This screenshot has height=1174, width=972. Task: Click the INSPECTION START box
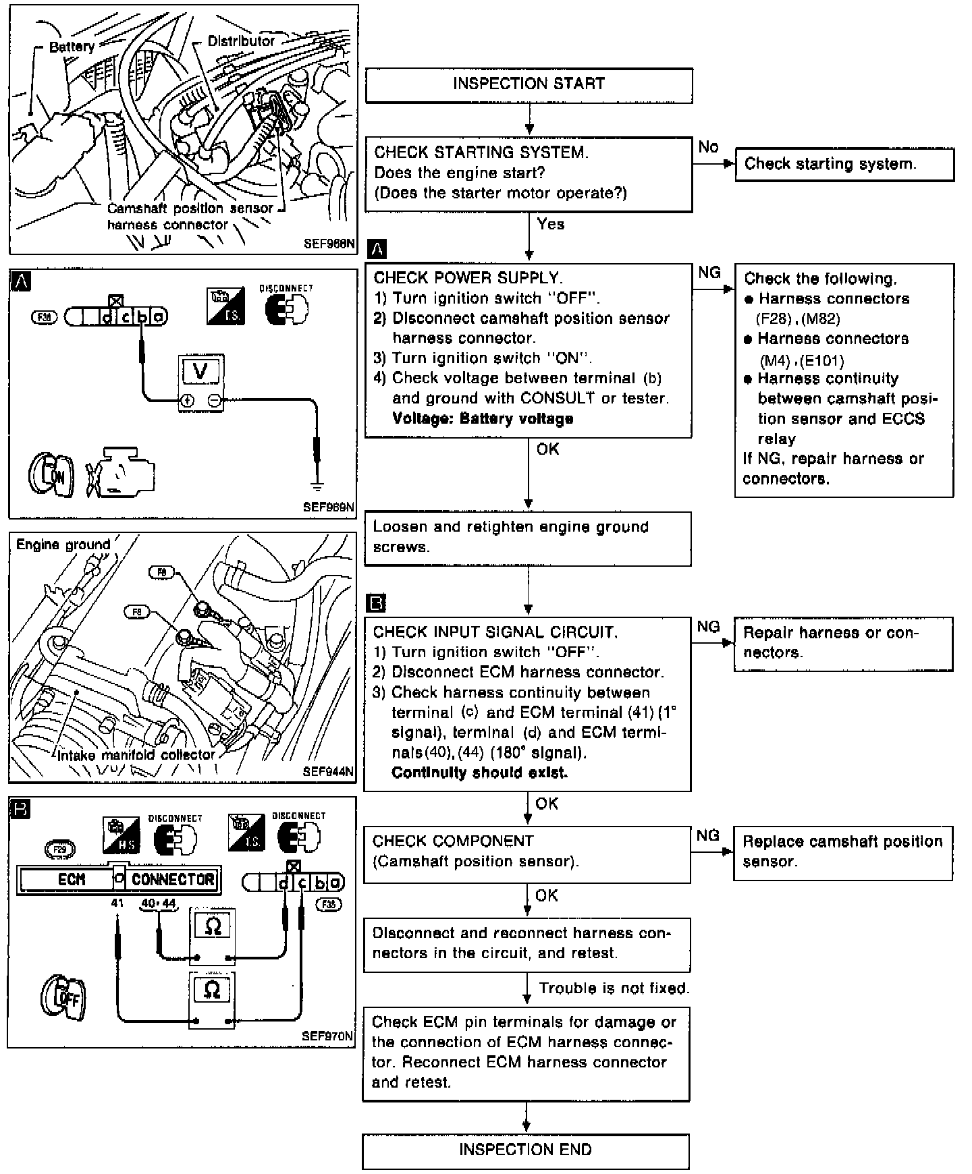(529, 85)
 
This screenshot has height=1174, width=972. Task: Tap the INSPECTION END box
(525, 1150)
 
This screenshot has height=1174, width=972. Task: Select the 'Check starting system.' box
(844, 165)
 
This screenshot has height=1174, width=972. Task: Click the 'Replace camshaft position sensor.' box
(842, 852)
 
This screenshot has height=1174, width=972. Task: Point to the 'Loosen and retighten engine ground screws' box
(528, 538)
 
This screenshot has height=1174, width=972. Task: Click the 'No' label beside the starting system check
(708, 147)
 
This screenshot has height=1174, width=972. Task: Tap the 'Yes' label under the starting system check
(550, 224)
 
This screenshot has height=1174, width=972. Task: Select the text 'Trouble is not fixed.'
(614, 988)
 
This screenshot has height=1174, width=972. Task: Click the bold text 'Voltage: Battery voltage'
(483, 418)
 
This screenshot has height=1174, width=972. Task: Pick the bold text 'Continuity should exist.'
(479, 773)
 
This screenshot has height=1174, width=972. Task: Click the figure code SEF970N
(327, 1036)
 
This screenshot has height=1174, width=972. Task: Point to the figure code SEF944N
(328, 771)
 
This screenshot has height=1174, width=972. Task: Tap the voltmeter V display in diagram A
(200, 371)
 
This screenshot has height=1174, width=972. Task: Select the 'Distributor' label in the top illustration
(241, 41)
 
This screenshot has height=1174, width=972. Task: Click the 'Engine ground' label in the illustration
(63, 544)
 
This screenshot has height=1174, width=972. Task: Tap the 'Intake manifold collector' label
(136, 755)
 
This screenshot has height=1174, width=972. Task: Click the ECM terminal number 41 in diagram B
(117, 903)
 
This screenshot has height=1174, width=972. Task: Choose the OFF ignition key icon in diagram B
(64, 996)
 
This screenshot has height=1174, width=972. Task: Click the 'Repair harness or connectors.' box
(843, 643)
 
